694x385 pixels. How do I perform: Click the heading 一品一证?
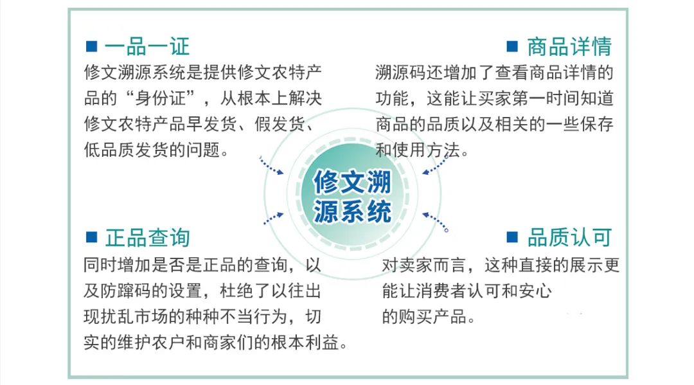[147, 46]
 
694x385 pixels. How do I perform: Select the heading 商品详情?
[569, 46]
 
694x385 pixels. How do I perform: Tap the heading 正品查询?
[147, 237]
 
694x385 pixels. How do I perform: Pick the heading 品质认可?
[569, 237]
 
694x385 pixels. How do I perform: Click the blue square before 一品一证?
[91, 46]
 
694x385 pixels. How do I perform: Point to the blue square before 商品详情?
[512, 46]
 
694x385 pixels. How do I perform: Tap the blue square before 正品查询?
[91, 237]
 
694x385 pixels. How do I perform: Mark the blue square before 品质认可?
[512, 237]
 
